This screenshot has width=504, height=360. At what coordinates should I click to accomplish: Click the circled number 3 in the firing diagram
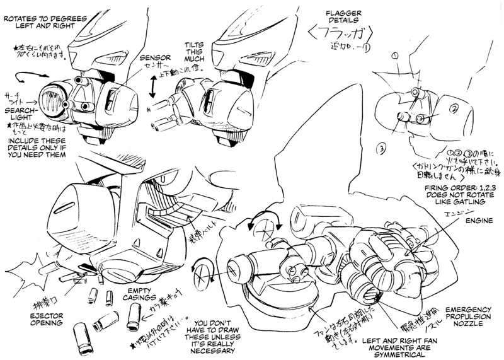click(x=381, y=149)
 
